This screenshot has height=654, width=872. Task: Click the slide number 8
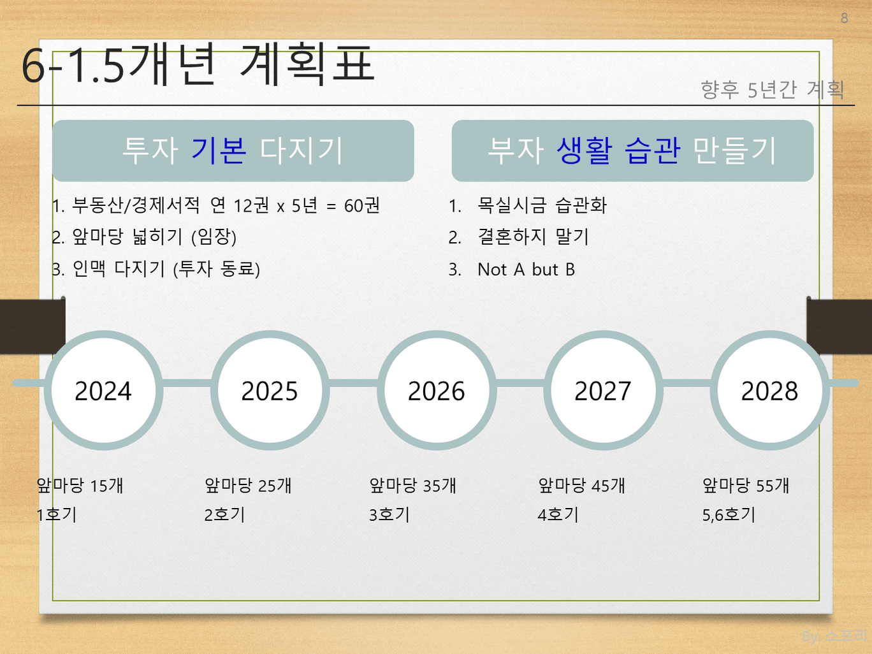point(844,18)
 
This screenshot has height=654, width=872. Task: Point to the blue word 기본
point(219,150)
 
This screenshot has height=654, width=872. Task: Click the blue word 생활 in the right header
point(584,150)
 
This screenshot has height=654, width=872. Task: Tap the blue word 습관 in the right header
point(652,150)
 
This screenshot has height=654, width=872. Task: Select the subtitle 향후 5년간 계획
point(773,89)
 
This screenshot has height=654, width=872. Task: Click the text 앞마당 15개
point(80,485)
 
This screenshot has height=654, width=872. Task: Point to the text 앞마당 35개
point(413,485)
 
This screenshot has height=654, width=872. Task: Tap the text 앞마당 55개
point(746,485)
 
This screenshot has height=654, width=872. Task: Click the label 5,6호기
point(729,515)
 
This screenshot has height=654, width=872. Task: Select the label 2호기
point(224,515)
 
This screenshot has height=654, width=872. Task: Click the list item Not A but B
point(526,270)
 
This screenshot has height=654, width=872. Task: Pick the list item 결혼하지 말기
point(533,237)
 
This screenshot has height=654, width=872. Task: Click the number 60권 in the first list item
point(362,206)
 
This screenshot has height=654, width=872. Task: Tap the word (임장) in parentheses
point(214,237)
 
